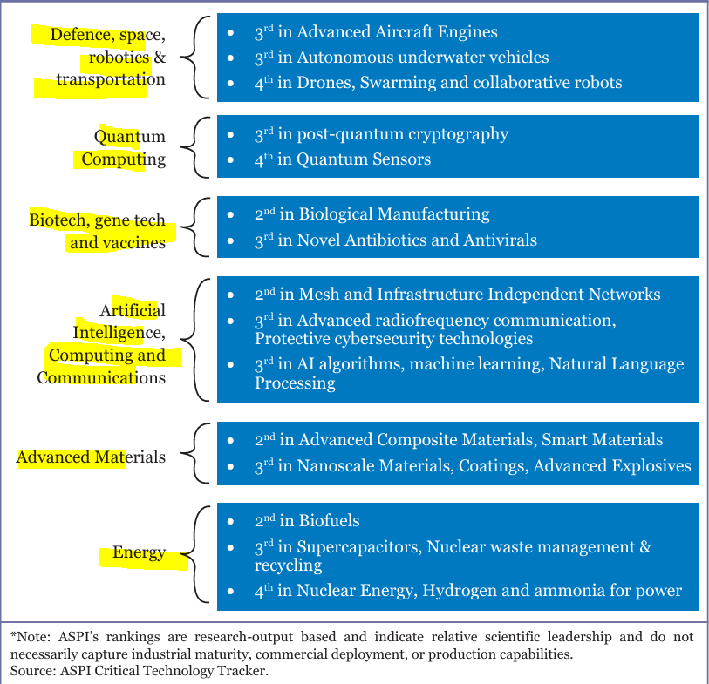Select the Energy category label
pyautogui.click(x=139, y=552)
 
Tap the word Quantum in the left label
pyautogui.click(x=130, y=137)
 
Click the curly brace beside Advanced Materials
pyautogui.click(x=194, y=453)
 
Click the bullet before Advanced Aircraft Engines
pyautogui.click(x=230, y=32)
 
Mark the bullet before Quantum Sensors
pyautogui.click(x=230, y=160)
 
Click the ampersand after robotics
pyautogui.click(x=160, y=58)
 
